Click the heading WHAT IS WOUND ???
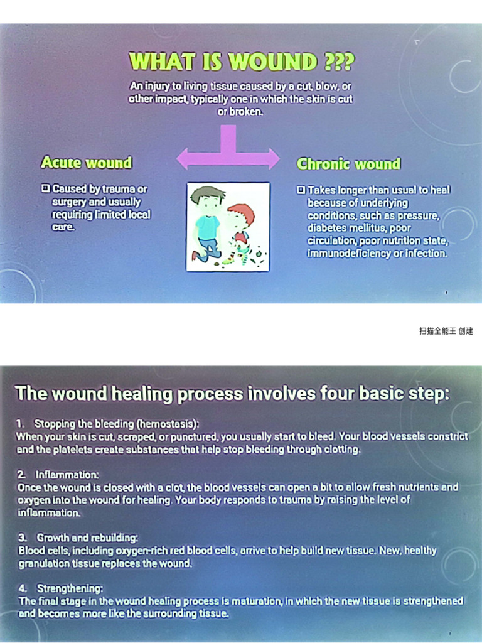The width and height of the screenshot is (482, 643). (242, 62)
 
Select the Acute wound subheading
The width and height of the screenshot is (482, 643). (87, 163)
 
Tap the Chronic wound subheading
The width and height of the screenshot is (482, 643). (348, 164)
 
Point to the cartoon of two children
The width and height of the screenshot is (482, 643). (228, 227)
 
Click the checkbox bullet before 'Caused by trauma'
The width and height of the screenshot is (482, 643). (45, 188)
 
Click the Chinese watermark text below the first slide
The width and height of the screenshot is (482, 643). (446, 331)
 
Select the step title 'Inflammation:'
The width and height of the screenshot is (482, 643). (67, 474)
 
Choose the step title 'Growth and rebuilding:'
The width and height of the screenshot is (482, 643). (87, 538)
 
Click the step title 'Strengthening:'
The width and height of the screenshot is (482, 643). (70, 588)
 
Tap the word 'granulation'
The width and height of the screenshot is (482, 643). (45, 563)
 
